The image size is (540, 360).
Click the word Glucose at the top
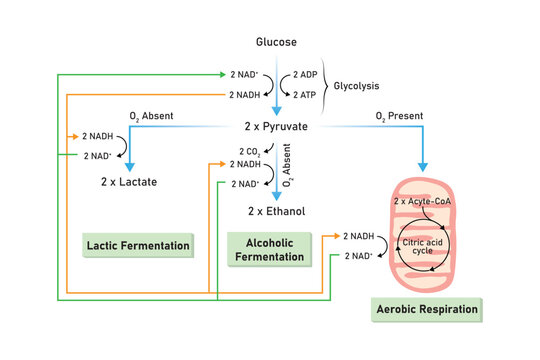[x=275, y=42]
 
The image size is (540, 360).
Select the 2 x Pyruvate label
[x=275, y=127]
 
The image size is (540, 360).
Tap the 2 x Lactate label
[x=129, y=182]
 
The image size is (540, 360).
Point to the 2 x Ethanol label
[x=275, y=211]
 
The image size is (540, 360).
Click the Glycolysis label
[x=358, y=85]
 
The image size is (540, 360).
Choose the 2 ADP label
[x=307, y=76]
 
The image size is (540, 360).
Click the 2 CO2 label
[x=250, y=151]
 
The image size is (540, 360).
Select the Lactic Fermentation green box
[x=138, y=245]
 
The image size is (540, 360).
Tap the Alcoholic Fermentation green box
[x=268, y=249]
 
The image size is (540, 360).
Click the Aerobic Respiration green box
[x=425, y=310]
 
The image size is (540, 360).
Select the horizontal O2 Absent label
[x=153, y=117]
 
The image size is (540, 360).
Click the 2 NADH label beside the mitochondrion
[x=360, y=237]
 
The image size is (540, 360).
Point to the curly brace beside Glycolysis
[x=326, y=85]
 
